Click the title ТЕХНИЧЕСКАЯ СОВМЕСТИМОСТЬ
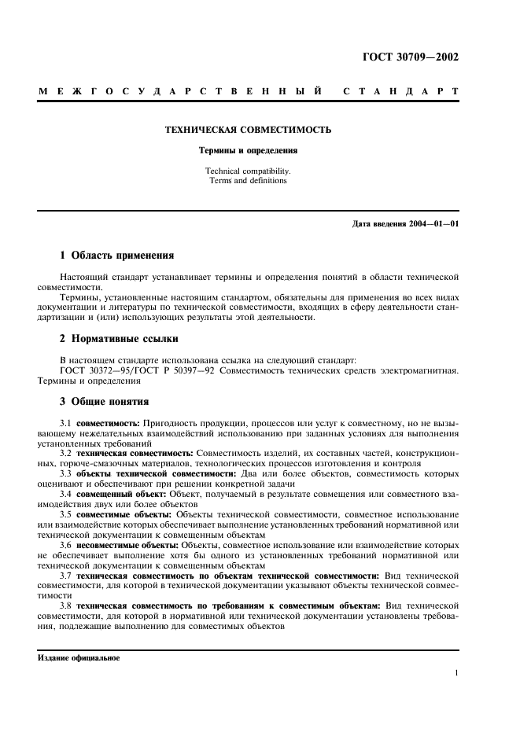point(247,129)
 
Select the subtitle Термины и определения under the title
point(247,149)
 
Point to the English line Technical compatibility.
point(247,170)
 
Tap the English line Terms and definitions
point(247,180)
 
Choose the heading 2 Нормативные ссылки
point(120,339)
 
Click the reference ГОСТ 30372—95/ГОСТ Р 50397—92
point(144,370)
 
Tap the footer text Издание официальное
point(79,658)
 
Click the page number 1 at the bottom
point(456,673)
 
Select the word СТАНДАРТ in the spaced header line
point(400,92)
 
